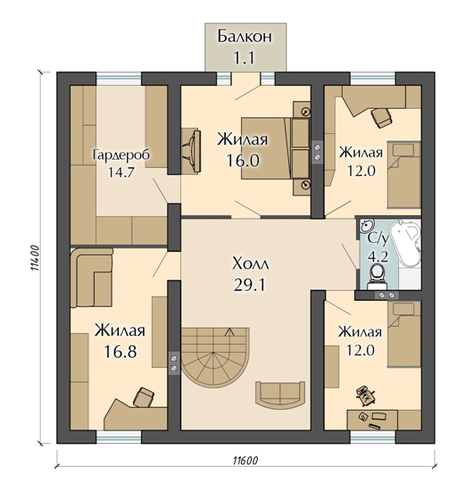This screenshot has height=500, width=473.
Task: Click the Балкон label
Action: click(245, 37)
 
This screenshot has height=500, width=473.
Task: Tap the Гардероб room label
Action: click(121, 155)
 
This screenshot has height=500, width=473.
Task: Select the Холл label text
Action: click(251, 264)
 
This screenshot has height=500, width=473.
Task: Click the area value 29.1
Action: click(249, 285)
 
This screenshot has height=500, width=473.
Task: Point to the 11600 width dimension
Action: click(245, 461)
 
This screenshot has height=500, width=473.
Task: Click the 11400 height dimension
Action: click(35, 258)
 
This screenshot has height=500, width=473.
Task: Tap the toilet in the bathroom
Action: click(378, 276)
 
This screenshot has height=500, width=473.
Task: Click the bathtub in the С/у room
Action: click(405, 244)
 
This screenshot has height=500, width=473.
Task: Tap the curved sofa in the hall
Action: click(280, 395)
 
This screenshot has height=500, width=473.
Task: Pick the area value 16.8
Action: click(120, 352)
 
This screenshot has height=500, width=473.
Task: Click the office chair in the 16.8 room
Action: click(143, 397)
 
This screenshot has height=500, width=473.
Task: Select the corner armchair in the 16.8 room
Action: click(92, 278)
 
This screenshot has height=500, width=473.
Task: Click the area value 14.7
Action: click(121, 172)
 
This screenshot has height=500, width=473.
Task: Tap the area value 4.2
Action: click(378, 257)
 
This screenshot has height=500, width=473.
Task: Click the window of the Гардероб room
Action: click(119, 79)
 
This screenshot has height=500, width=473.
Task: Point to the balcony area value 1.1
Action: click(245, 58)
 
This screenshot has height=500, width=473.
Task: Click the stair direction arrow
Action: click(229, 331)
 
